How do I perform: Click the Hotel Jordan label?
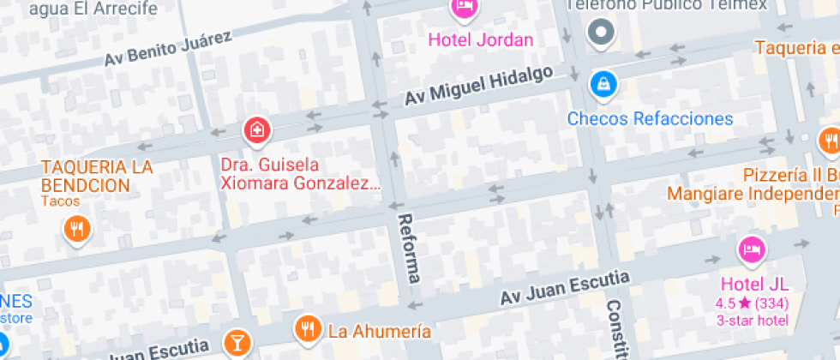click(480, 39)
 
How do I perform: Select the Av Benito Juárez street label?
click(168, 48)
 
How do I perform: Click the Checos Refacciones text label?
click(650, 118)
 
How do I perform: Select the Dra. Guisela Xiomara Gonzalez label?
click(299, 173)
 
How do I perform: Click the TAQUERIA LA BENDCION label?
click(96, 176)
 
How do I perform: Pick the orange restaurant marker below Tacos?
click(77, 228)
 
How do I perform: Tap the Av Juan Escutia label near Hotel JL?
click(566, 288)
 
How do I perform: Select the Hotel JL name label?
click(753, 285)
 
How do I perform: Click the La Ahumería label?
click(380, 330)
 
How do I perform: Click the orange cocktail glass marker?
click(235, 343)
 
